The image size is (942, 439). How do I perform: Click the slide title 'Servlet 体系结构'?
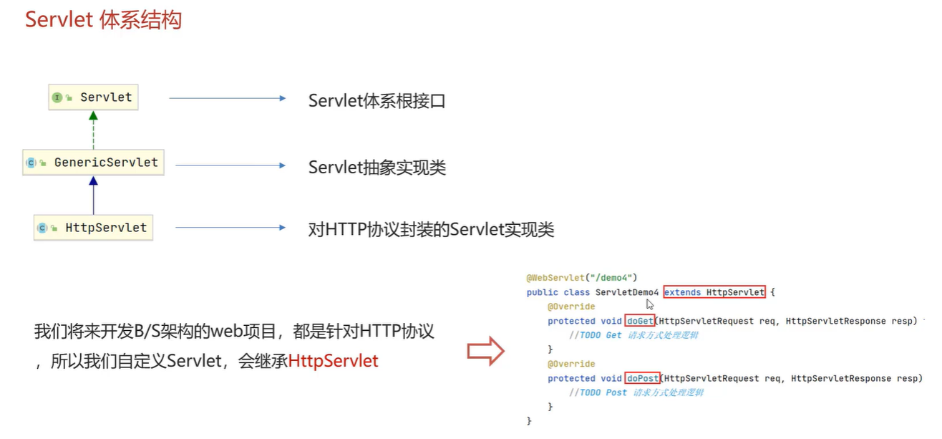click(x=103, y=19)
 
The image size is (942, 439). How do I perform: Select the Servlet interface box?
click(x=93, y=97)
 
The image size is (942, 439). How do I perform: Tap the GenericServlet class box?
click(x=93, y=163)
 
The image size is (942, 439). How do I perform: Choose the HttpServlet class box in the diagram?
click(x=93, y=228)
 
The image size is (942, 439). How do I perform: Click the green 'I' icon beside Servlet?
click(x=57, y=97)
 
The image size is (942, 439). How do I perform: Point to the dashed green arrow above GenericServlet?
click(x=93, y=130)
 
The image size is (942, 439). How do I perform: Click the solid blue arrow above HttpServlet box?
click(x=93, y=195)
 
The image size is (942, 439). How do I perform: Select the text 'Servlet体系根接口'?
click(x=377, y=101)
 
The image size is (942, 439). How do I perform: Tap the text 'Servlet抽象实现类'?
click(x=377, y=168)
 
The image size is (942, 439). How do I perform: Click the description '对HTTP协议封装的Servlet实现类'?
click(x=431, y=230)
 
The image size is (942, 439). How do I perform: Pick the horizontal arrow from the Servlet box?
click(x=227, y=98)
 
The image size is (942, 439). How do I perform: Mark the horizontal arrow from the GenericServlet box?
click(x=230, y=165)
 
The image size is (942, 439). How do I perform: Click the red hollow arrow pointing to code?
click(x=486, y=351)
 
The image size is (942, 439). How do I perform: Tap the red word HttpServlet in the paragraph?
click(x=333, y=361)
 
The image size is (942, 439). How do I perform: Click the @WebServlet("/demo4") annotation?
click(x=581, y=277)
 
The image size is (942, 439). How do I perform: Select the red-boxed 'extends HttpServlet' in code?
click(x=714, y=292)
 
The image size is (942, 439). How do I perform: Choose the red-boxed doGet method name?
click(x=640, y=321)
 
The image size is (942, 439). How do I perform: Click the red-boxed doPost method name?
click(x=643, y=378)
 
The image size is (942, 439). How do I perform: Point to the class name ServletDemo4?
click(x=626, y=292)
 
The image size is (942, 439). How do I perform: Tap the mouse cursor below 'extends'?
click(x=650, y=304)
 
